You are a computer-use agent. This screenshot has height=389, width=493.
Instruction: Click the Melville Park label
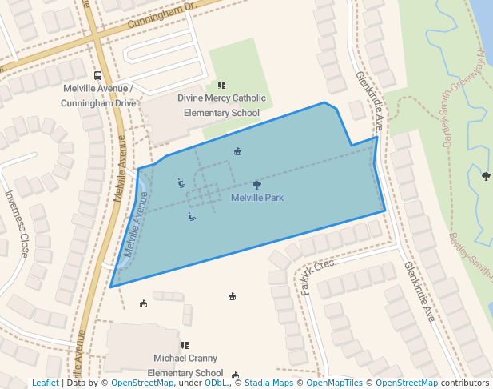tap(257, 198)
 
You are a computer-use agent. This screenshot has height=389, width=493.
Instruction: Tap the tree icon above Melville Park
tap(256, 185)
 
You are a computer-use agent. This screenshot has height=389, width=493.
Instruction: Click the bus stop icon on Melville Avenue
tap(97, 76)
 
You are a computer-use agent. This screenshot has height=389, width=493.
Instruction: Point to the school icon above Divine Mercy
tap(221, 86)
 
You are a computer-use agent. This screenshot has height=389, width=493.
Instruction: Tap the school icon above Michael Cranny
tap(185, 345)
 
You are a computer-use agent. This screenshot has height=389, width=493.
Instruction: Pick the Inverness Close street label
tap(17, 223)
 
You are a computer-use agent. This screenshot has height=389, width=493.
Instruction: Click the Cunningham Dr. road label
tap(171, 17)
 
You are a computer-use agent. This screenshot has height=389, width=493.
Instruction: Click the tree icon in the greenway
tap(486, 176)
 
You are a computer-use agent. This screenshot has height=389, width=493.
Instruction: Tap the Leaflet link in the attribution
tap(45, 383)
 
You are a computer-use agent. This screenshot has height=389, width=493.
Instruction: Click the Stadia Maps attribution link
tap(268, 383)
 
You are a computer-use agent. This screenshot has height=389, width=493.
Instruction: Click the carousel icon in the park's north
tap(237, 151)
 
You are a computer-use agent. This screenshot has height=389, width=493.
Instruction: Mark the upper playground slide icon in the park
tap(182, 182)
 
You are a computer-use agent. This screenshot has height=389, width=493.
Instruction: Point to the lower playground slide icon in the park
tap(192, 216)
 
